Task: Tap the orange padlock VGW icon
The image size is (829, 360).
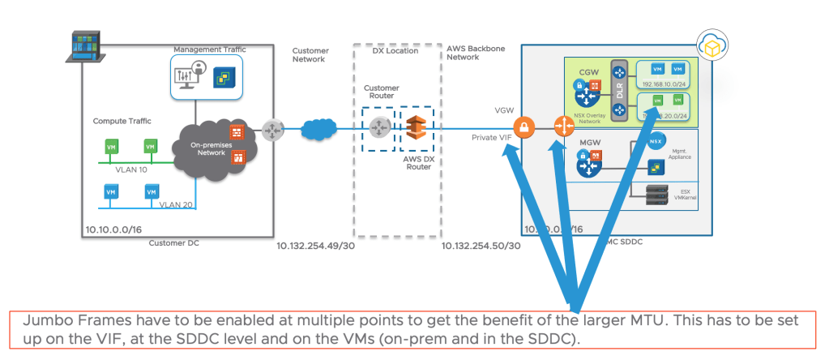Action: coord(524,128)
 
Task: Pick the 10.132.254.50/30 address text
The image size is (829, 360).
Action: coord(481,245)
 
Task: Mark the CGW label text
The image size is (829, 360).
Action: coord(587,71)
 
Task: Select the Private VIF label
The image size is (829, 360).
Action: coord(492,139)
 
